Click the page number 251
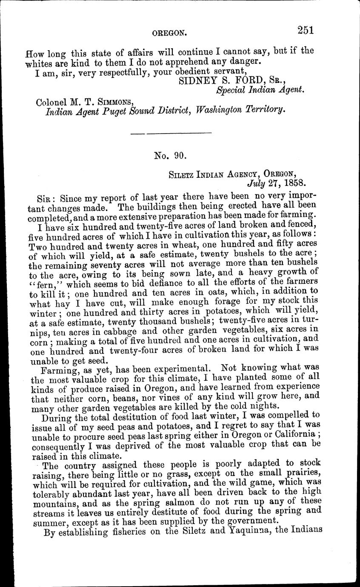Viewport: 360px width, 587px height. (306, 30)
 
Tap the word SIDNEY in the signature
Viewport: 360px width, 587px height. (191, 80)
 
